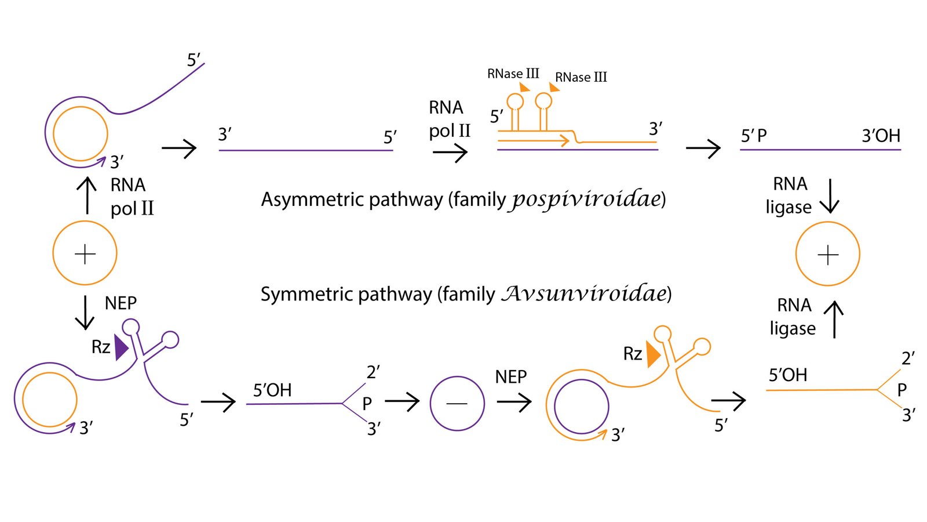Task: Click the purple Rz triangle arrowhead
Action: tap(121, 347)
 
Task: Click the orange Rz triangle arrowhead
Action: tap(653, 354)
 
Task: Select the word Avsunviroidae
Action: tap(583, 293)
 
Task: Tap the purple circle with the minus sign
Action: tap(457, 403)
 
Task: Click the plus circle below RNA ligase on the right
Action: tap(827, 254)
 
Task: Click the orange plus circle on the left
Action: tap(85, 253)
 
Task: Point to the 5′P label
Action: tap(754, 136)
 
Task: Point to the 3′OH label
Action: tap(881, 136)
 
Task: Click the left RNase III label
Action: tap(513, 74)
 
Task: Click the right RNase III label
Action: tap(581, 77)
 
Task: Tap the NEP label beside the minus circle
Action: tap(510, 377)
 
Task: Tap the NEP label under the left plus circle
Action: tap(121, 303)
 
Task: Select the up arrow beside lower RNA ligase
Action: tap(834, 320)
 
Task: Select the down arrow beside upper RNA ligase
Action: tap(830, 196)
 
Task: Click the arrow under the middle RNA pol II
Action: tap(450, 153)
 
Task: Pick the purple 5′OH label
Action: tap(272, 390)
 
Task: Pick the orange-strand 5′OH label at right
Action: tap(787, 375)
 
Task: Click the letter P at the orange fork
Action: tap(902, 390)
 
